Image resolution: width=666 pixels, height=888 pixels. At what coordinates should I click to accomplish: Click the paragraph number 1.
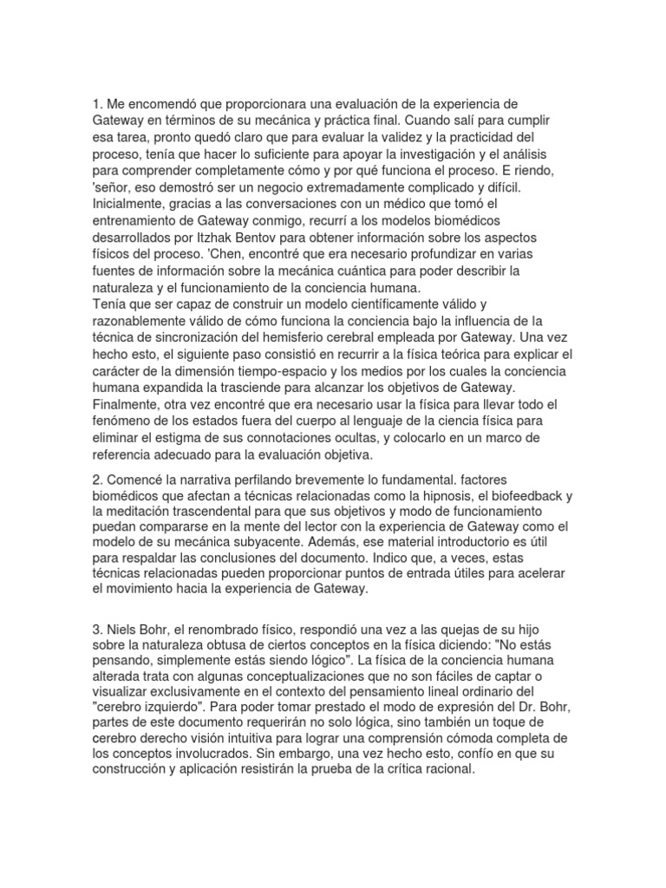95,105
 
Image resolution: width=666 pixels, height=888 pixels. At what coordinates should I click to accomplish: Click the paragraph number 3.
95,628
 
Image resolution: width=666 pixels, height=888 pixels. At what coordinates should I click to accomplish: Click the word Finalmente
128,403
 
